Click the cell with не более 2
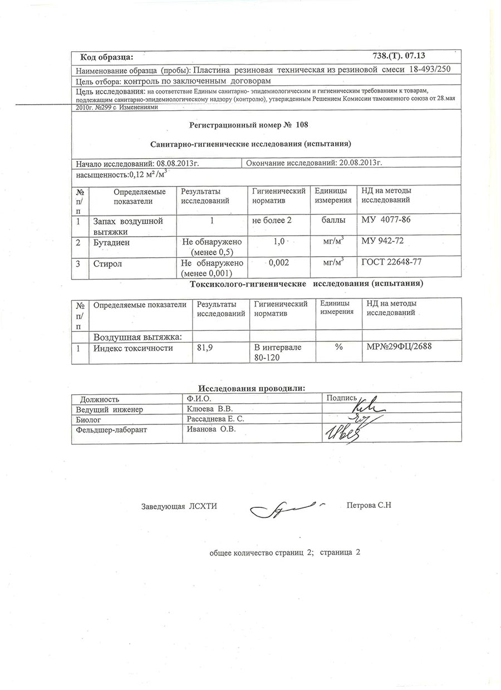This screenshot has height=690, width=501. (x=272, y=221)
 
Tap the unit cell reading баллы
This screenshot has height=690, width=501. (x=333, y=221)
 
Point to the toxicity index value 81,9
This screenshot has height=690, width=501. (x=207, y=348)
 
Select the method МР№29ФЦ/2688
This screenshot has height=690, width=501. (x=399, y=348)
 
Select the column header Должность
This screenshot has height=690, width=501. (x=100, y=399)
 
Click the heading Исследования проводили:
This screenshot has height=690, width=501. (x=252, y=388)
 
